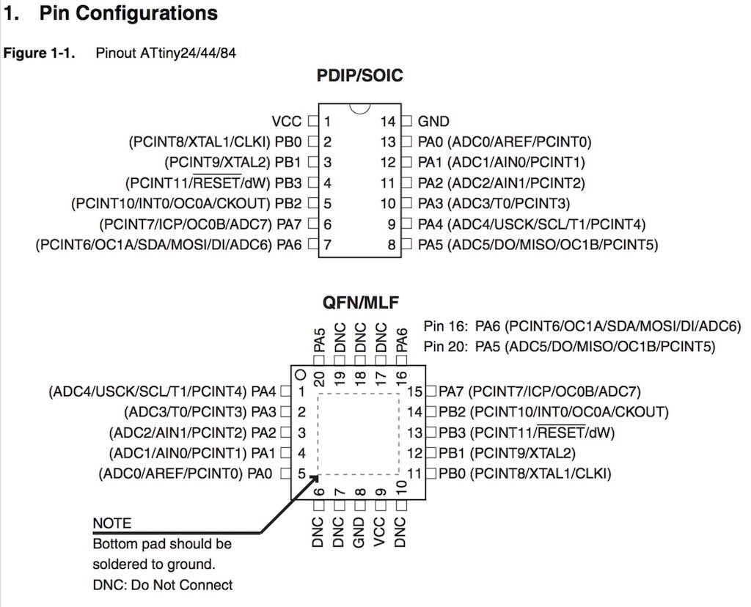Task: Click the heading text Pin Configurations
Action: [128, 13]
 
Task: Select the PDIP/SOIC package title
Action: [359, 76]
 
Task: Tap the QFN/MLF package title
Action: [359, 302]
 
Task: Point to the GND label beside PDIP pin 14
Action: [433, 121]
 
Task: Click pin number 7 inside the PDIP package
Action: [327, 244]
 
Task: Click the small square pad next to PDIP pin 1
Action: [312, 121]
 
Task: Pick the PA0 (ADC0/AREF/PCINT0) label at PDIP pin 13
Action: [505, 141]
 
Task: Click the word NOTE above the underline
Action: [112, 523]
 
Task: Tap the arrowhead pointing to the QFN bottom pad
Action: [317, 479]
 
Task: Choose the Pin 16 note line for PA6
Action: [582, 326]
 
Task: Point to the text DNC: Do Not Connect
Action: [162, 585]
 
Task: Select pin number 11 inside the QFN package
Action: [415, 474]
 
